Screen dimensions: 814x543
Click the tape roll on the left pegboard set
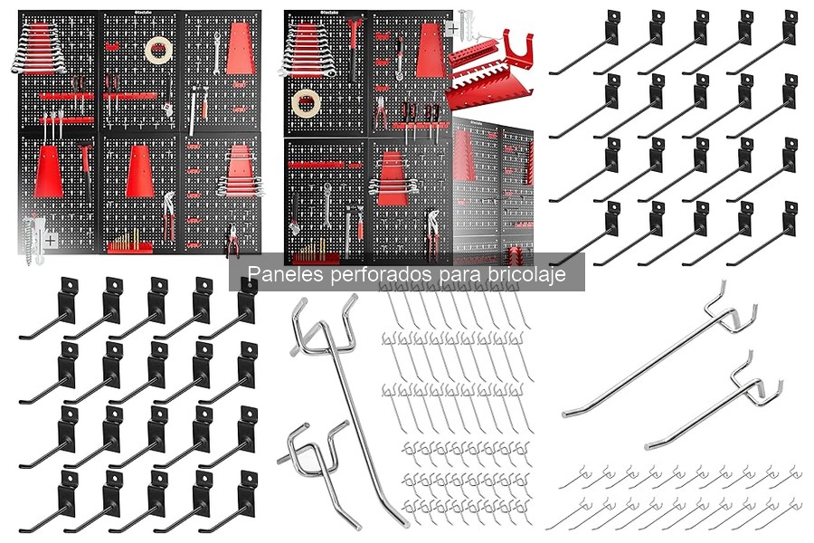[x=159, y=51]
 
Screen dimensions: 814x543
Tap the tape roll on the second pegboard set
[x=307, y=103]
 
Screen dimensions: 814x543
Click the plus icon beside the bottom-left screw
[x=50, y=241]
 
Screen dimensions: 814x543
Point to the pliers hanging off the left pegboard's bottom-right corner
[x=232, y=241]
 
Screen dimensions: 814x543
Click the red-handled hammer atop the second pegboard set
[x=354, y=47]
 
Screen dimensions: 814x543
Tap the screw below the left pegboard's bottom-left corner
[x=29, y=240]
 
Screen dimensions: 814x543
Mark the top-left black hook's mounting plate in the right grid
[x=612, y=27]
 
